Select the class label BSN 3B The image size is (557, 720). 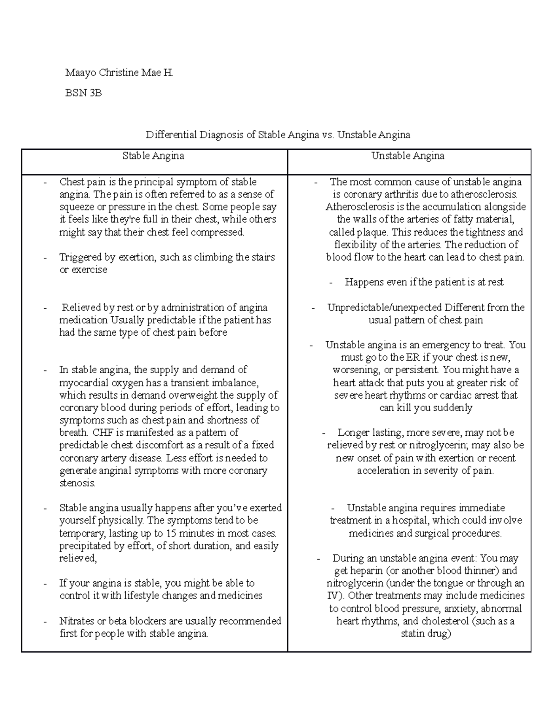[x=83, y=93]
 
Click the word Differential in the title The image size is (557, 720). [x=171, y=135]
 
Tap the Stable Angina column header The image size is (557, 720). [x=153, y=156]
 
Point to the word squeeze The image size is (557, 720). [x=76, y=207]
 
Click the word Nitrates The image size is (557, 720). [x=77, y=621]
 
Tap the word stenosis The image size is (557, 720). [x=78, y=483]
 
